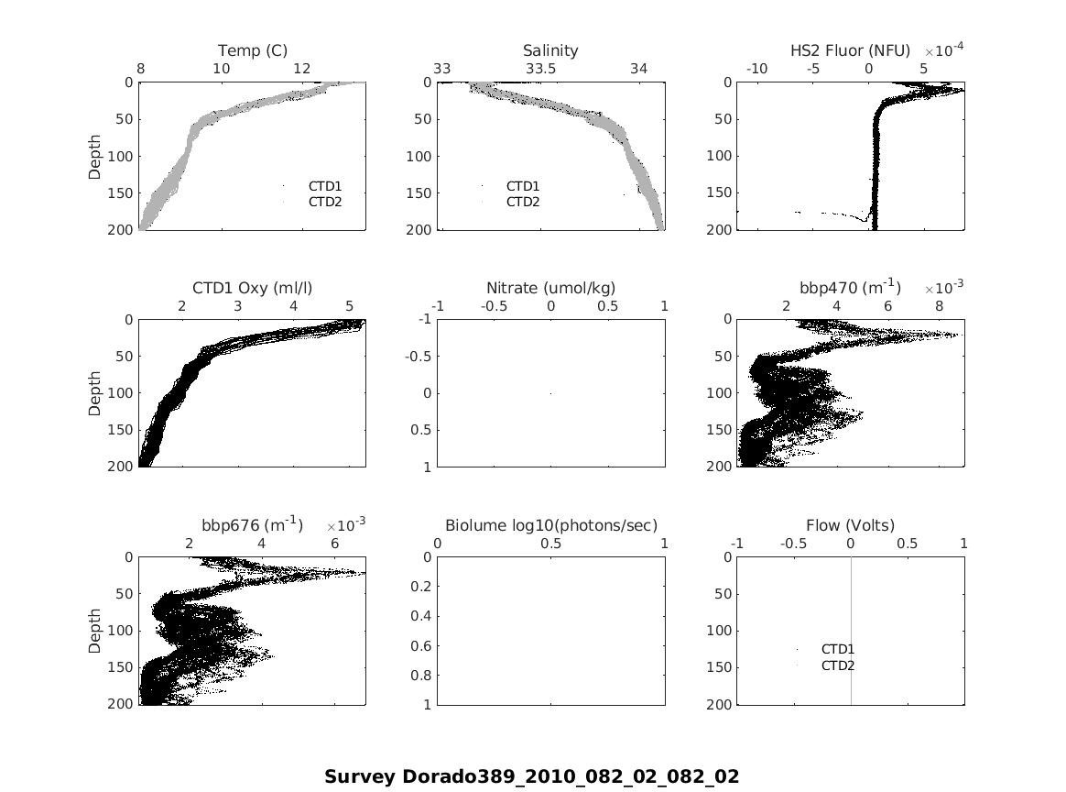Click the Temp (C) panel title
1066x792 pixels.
point(252,50)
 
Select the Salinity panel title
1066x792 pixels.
point(550,50)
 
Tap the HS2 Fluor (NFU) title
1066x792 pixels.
point(850,50)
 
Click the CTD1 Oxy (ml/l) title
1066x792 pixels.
point(252,289)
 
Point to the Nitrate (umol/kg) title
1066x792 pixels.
point(550,289)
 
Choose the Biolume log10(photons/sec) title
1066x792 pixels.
point(550,526)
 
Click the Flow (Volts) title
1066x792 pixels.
point(850,526)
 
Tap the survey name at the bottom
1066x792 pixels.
point(531,777)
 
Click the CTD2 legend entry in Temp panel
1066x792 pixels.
point(324,202)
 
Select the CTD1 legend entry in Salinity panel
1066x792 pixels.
point(523,186)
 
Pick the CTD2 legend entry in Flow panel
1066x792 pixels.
point(837,665)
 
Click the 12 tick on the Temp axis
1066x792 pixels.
point(302,69)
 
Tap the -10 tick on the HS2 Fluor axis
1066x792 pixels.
point(757,69)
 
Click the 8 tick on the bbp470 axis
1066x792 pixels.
point(939,306)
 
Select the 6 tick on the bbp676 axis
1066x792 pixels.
point(334,544)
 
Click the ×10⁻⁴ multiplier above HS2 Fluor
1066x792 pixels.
point(942,49)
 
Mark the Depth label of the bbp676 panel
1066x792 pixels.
point(95,631)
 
